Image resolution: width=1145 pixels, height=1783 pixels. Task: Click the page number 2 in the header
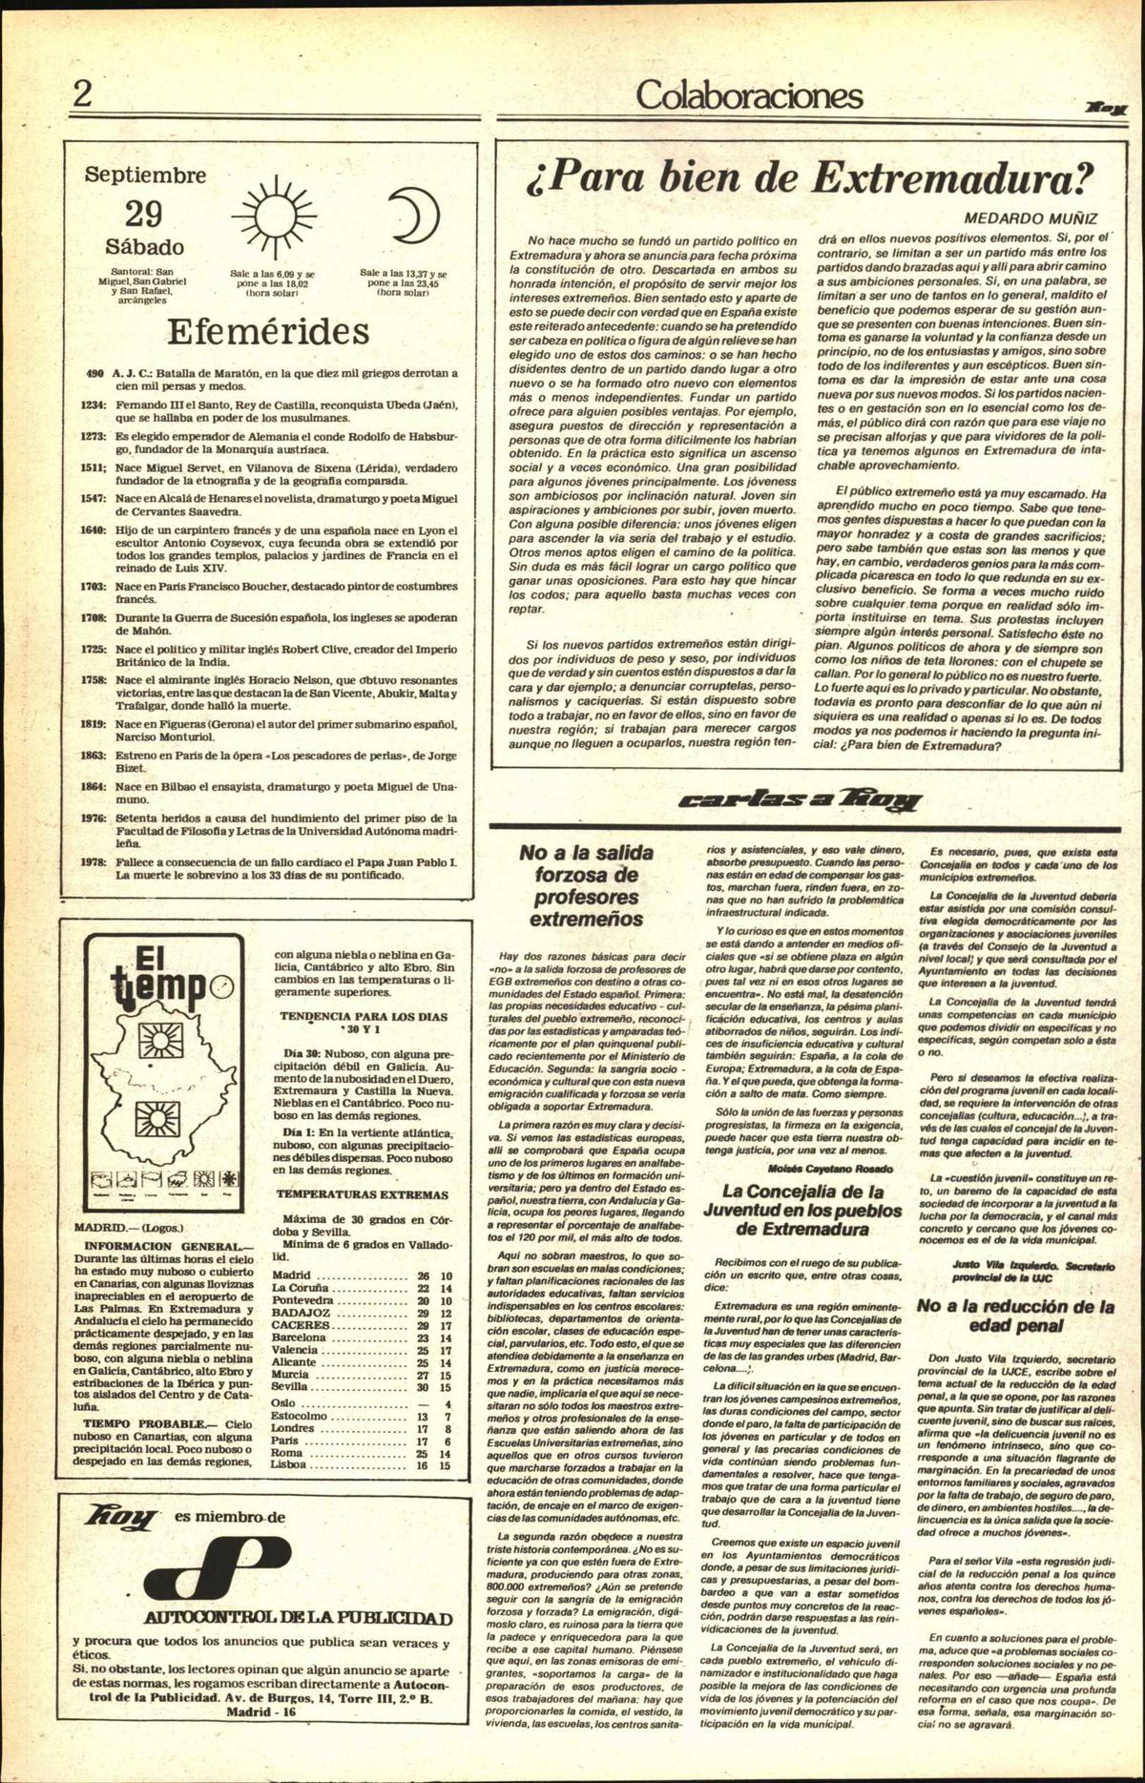coord(83,93)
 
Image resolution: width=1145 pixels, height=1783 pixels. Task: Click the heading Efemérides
coord(267,331)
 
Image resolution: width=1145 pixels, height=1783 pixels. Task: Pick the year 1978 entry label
coord(93,862)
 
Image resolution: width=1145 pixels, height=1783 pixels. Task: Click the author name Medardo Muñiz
coord(1030,218)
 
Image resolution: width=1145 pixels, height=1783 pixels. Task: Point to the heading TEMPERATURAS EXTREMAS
coord(362,1194)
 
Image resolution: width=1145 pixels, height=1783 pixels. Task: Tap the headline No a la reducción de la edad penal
coord(1015,1316)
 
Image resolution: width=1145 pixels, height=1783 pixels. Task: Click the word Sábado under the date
coord(144,247)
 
